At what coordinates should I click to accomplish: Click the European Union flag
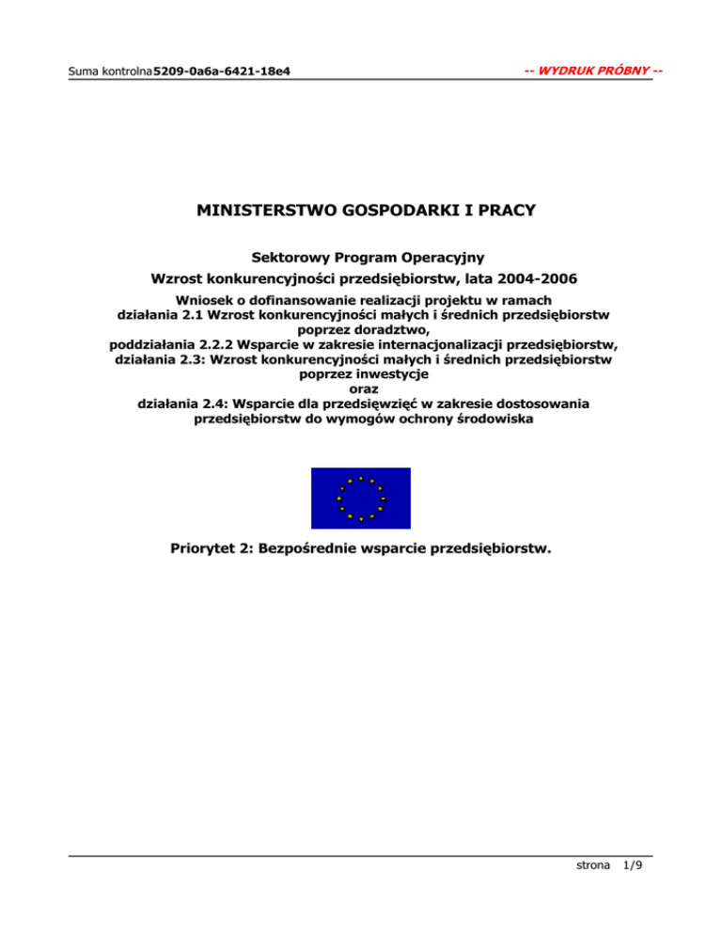pos(361,499)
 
